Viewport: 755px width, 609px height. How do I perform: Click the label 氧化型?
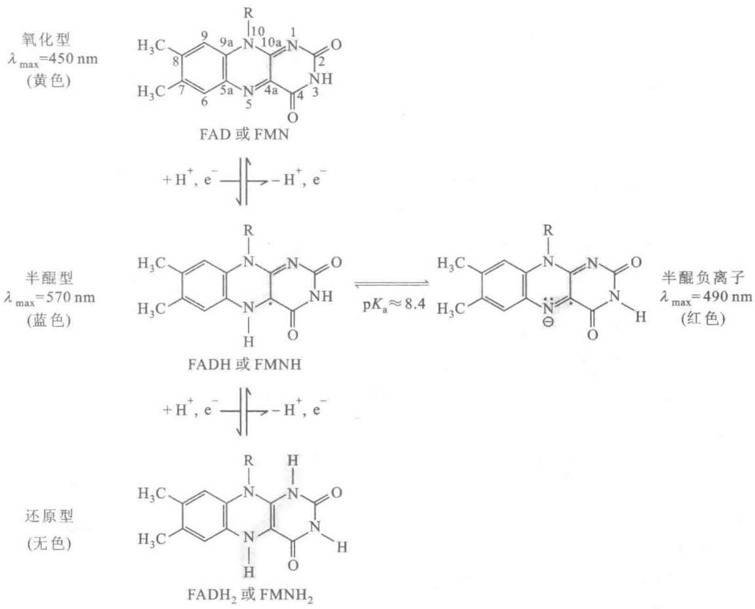click(x=49, y=39)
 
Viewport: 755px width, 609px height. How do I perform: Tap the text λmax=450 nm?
click(x=52, y=60)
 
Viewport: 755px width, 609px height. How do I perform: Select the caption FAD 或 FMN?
click(x=244, y=134)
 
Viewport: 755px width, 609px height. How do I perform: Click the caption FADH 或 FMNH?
click(x=245, y=364)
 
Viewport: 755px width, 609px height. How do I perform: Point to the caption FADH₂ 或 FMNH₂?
click(x=251, y=595)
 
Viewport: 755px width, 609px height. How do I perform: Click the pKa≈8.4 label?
click(x=394, y=304)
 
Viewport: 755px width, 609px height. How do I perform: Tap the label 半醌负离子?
click(x=703, y=277)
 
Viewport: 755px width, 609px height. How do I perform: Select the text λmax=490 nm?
click(x=705, y=297)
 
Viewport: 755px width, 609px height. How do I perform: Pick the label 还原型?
click(x=49, y=517)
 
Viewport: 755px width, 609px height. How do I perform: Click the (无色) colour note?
click(x=49, y=543)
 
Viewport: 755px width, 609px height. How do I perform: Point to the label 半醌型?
click(x=49, y=277)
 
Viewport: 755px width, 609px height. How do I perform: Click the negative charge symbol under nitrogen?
click(x=548, y=323)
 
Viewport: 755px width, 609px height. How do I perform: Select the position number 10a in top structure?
click(x=271, y=43)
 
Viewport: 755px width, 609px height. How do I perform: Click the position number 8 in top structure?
click(x=175, y=62)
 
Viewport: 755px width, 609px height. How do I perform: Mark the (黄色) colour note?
click(x=49, y=81)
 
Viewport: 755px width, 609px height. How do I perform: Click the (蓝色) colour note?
click(x=49, y=319)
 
